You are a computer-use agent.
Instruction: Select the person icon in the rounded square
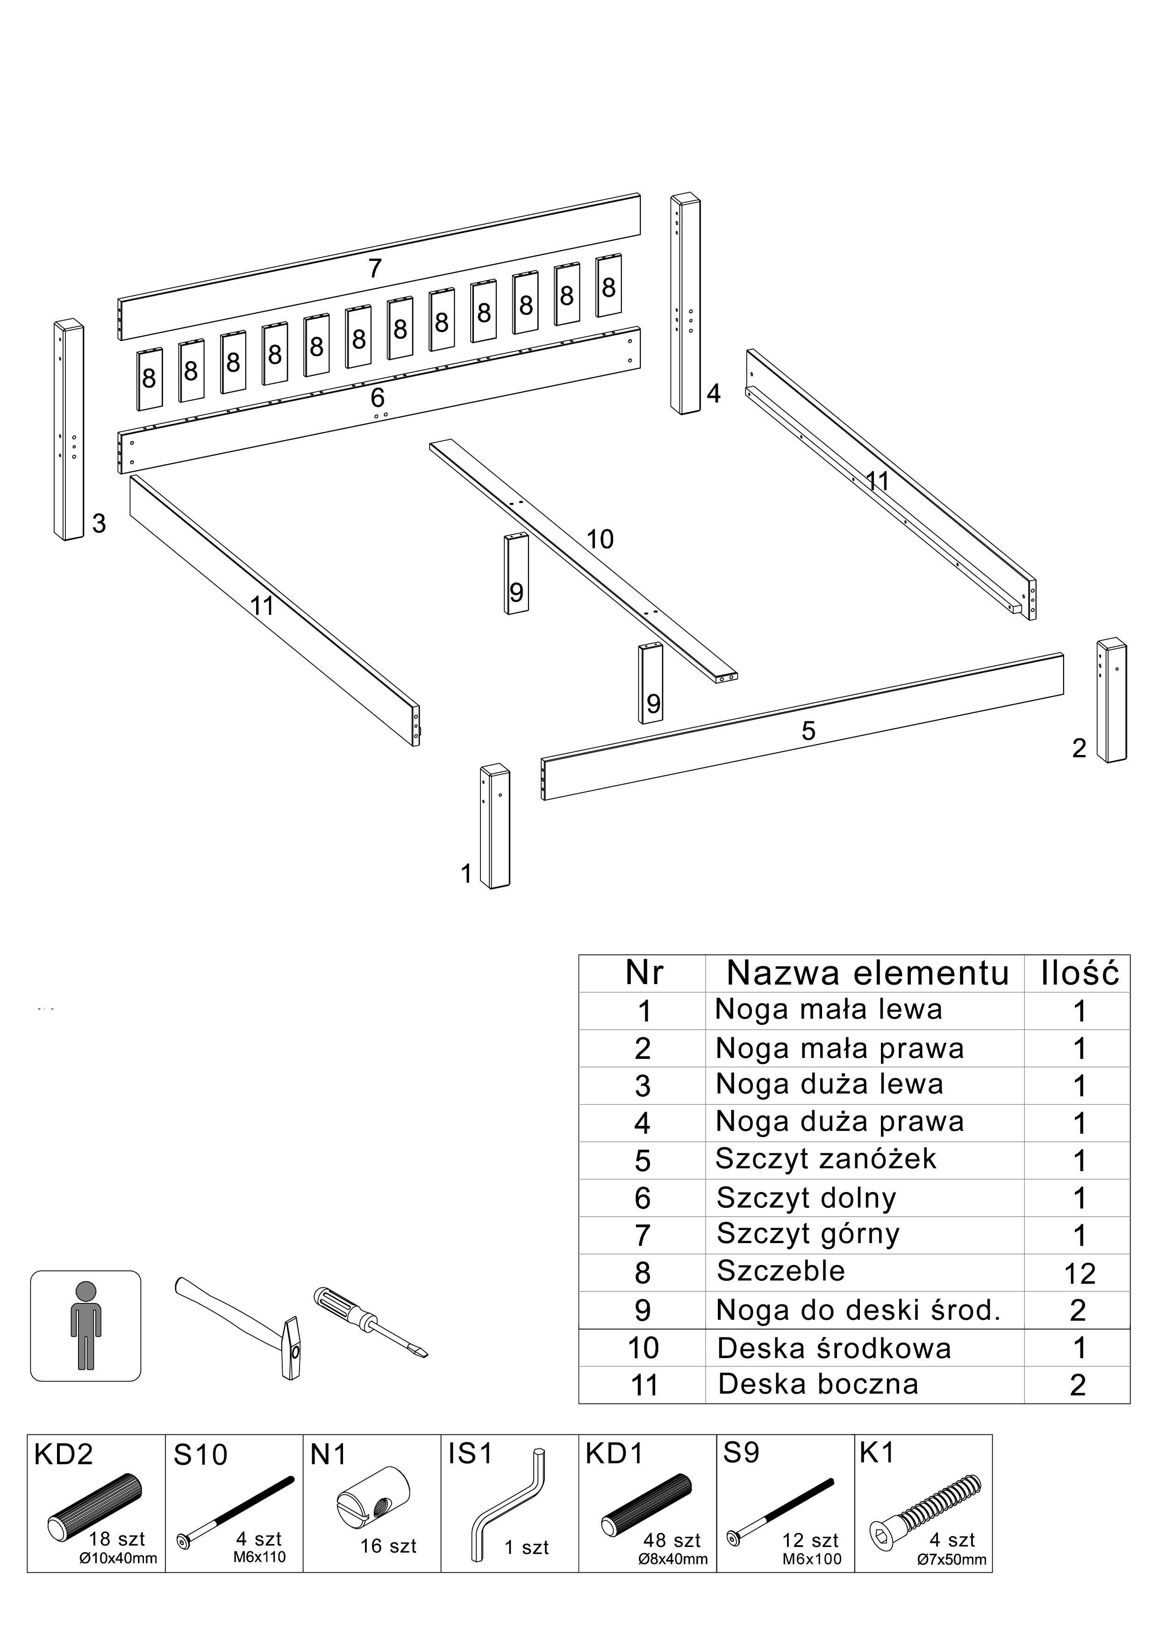click(86, 1326)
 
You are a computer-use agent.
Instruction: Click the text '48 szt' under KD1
click(671, 1540)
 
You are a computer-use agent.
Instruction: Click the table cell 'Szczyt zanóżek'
click(825, 1158)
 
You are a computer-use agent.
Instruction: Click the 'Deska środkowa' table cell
click(834, 1349)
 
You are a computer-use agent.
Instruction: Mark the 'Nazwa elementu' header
click(868, 973)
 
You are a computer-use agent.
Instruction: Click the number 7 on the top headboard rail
click(375, 268)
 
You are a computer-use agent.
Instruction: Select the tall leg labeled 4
click(685, 303)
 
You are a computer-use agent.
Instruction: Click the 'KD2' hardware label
click(64, 1455)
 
